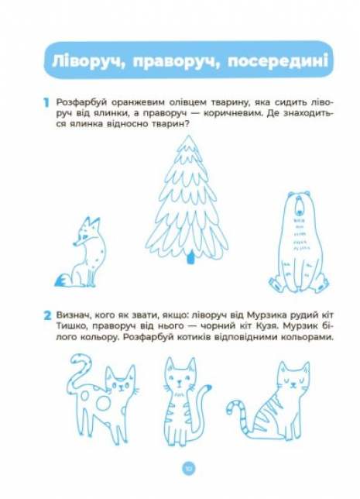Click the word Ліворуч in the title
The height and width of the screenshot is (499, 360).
[87, 60]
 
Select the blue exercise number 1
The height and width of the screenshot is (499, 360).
[46, 103]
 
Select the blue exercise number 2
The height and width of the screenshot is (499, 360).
[47, 315]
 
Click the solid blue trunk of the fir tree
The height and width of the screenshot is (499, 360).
[190, 257]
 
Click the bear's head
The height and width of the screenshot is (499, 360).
[299, 205]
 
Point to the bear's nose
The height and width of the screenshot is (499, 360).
[299, 211]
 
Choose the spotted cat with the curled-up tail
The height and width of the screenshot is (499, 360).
[101, 398]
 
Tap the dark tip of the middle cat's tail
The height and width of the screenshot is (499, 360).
[207, 387]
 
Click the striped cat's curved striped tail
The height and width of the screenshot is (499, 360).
[241, 414]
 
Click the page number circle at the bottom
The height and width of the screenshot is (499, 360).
[189, 469]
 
